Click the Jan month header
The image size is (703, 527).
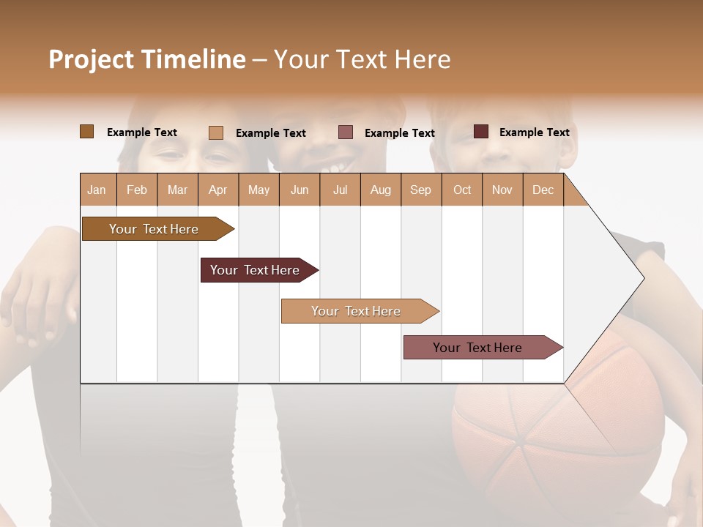click(x=97, y=190)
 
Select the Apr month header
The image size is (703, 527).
click(x=217, y=190)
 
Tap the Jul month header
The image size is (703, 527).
click(x=340, y=190)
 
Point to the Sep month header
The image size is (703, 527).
click(x=420, y=190)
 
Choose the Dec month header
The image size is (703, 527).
click(x=543, y=190)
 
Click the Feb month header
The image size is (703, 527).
click(x=137, y=190)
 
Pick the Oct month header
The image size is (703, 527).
click(x=462, y=190)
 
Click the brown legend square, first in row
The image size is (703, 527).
click(x=86, y=132)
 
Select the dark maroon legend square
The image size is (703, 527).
click(x=480, y=132)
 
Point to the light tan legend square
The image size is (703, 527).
click(x=215, y=132)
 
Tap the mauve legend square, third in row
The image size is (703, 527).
click(x=346, y=132)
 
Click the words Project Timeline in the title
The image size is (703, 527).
click(x=147, y=59)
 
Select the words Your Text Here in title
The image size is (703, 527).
click(x=362, y=59)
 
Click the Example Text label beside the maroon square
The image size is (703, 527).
click(x=534, y=132)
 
